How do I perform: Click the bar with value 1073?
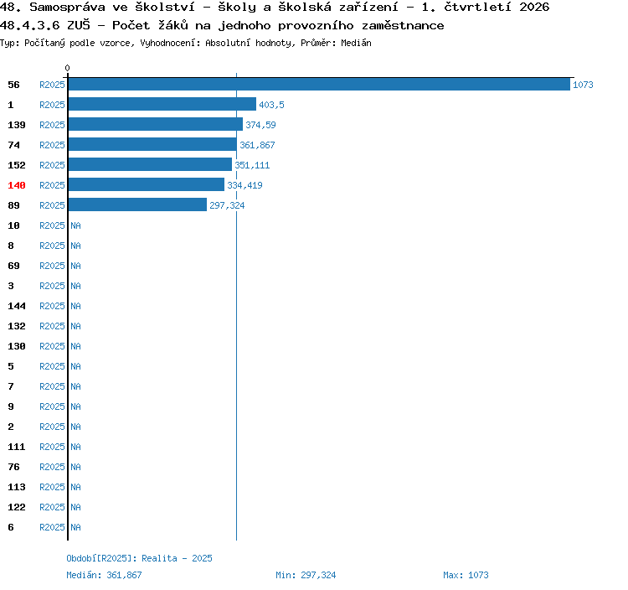319,84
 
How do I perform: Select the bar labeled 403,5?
162,104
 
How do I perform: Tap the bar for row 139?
156,124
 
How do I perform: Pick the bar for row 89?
137,204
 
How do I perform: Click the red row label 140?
17,185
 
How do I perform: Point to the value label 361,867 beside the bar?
257,145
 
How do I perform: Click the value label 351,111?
252,165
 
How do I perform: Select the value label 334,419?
245,185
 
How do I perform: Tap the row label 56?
13,85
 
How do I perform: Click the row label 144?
17,306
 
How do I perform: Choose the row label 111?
17,447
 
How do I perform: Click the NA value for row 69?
75,266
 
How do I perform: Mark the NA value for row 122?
75,507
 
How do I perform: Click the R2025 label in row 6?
52,527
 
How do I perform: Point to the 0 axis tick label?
67,68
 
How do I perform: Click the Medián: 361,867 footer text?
104,575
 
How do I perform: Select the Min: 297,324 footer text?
306,575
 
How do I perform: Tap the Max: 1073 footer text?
466,575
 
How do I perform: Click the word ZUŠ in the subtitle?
79,25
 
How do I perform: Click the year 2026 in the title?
534,7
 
